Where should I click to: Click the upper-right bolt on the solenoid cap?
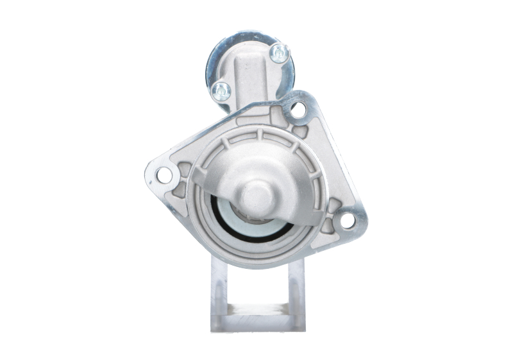point(279,53)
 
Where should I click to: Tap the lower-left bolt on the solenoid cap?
point(221,90)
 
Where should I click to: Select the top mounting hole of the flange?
point(298,110)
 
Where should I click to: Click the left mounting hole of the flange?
point(164,174)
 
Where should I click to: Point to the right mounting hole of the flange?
point(347,220)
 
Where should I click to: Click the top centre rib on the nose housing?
point(259,135)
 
